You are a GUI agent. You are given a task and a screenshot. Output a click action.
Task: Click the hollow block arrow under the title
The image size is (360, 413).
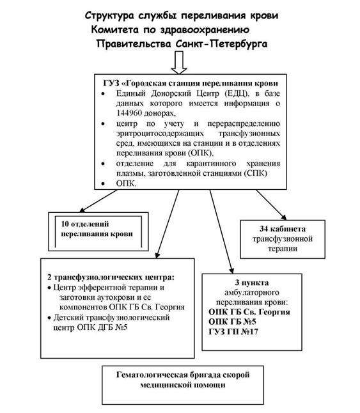(x=179, y=63)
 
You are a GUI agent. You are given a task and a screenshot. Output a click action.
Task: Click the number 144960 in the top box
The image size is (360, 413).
(x=131, y=113)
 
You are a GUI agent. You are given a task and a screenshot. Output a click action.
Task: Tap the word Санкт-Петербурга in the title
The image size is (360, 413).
(x=221, y=43)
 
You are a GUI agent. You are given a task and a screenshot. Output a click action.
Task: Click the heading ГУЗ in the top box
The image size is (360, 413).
(x=111, y=83)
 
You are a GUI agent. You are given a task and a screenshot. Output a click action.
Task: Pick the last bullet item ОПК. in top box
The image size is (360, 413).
(x=127, y=183)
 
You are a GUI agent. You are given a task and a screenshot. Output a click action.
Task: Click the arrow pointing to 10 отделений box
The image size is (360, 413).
(x=98, y=201)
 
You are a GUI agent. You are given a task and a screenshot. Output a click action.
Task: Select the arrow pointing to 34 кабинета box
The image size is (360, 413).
(x=271, y=205)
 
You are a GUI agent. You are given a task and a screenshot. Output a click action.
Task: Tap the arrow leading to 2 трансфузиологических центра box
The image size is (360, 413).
(x=168, y=224)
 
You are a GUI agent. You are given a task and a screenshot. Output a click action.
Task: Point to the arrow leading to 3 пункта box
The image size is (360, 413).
(x=222, y=232)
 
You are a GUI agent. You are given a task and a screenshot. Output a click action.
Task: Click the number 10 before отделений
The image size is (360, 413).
(x=65, y=224)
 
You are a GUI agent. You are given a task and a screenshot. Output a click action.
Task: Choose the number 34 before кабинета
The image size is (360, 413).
(x=263, y=229)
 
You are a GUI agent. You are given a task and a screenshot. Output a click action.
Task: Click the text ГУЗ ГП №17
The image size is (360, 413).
(x=233, y=332)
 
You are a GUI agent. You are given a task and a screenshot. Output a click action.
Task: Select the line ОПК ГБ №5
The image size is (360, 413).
(x=232, y=322)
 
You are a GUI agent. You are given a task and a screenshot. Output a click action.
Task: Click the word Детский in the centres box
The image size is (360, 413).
(x=68, y=318)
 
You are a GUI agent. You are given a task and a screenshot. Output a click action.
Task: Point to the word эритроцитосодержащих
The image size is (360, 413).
(x=160, y=134)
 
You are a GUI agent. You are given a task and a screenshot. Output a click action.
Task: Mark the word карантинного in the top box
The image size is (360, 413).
(x=211, y=164)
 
